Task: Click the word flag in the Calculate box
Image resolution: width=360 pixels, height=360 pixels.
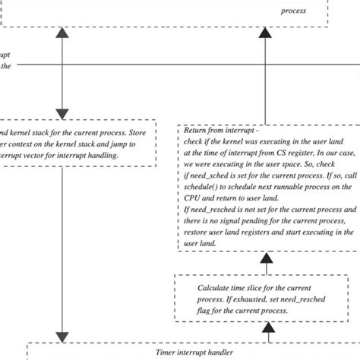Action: point(208,311)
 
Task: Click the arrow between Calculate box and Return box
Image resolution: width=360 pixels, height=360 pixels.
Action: point(267,262)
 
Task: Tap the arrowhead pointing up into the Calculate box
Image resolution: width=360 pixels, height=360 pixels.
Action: point(267,327)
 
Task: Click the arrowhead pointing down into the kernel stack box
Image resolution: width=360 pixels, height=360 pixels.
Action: point(59,112)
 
